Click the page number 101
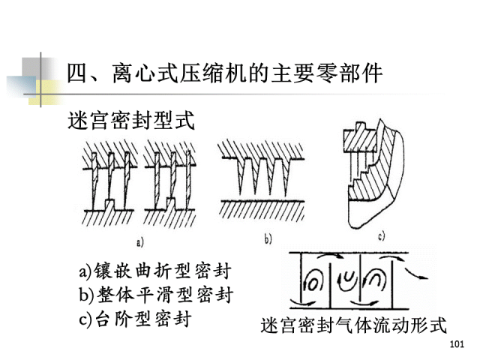point(457,344)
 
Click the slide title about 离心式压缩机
point(225,74)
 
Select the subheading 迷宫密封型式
point(132,120)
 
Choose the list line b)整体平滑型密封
point(154,295)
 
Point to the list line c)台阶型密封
point(135,318)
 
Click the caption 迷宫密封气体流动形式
point(353,326)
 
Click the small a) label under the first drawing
point(139,241)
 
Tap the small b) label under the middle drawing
point(267,240)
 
